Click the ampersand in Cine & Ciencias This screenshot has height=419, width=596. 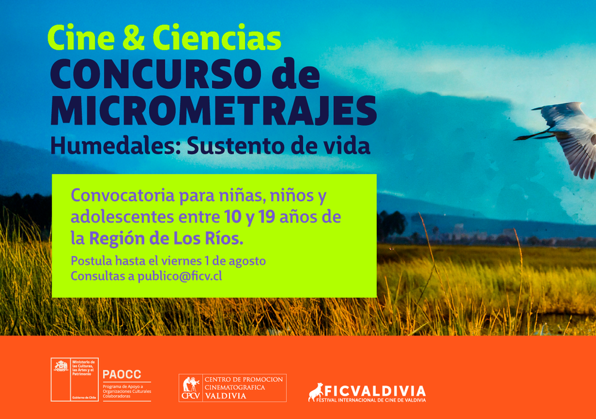click(134, 38)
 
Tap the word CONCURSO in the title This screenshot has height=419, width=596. click(156, 74)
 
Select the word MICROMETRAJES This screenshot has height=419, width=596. click(213, 111)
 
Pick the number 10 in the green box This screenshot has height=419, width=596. click(233, 217)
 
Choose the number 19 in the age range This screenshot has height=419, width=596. click(266, 217)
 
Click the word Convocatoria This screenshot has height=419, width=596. click(123, 196)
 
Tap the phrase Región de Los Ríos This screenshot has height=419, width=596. click(166, 239)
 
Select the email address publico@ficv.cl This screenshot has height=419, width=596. click(179, 276)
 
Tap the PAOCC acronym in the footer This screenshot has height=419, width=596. click(122, 374)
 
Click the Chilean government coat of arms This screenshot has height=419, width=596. click(61, 366)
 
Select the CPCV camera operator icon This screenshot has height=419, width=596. click(191, 385)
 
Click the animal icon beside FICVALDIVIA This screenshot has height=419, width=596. click(315, 392)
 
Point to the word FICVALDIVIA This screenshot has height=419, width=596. click(375, 391)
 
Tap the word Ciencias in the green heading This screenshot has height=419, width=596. click(217, 38)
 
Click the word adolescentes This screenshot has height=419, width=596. click(122, 217)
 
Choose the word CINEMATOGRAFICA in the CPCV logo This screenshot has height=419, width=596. click(235, 387)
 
